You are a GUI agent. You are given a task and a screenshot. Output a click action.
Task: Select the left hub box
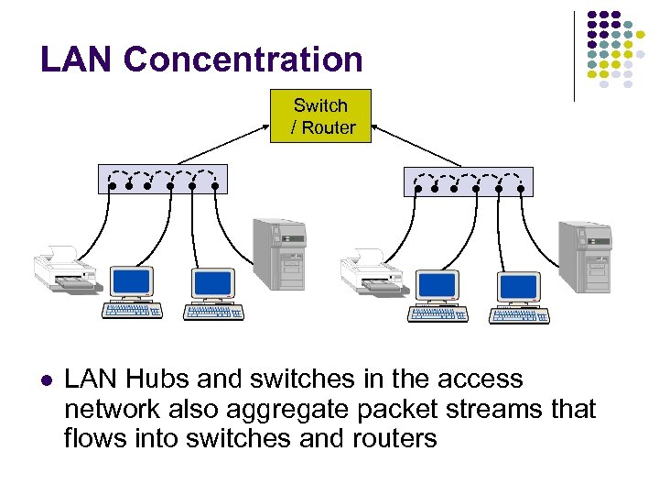click(162, 179)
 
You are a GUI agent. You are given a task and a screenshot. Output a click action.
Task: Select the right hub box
click(468, 181)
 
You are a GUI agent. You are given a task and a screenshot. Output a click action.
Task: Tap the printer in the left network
click(64, 269)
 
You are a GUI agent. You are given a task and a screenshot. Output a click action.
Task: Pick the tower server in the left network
click(279, 254)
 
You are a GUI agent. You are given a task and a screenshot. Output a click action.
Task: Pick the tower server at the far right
click(584, 256)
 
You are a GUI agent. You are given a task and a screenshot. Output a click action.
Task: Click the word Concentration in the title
click(243, 60)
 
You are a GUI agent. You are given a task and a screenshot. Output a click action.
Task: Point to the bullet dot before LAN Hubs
click(46, 380)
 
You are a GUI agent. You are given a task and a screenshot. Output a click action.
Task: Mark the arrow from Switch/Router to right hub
click(417, 148)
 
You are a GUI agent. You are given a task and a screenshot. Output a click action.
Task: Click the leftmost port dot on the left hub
click(113, 185)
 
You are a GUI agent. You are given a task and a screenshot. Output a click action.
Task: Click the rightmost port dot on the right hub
click(521, 189)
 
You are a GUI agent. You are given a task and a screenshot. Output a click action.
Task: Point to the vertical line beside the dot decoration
click(574, 55)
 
